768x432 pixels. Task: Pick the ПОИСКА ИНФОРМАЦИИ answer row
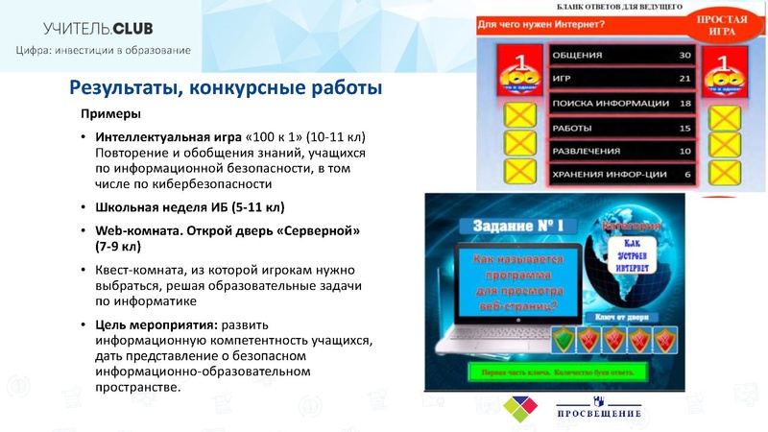click(x=609, y=103)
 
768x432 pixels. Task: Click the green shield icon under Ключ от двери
click(x=567, y=338)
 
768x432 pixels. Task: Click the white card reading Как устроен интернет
click(x=626, y=257)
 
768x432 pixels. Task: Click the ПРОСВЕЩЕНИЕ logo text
click(x=599, y=414)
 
